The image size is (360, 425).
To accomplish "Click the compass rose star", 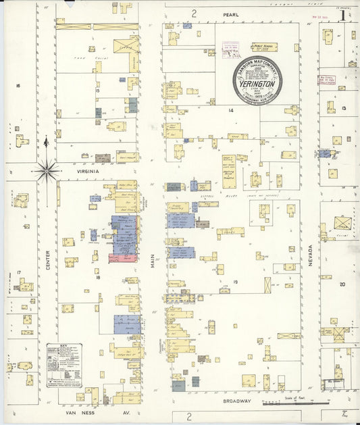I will tap(47, 170).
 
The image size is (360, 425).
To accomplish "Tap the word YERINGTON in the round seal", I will tap(257, 86).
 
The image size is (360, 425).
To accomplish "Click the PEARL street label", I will tap(230, 14).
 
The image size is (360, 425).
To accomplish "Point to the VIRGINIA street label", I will tap(88, 172).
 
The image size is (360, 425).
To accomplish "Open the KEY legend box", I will tap(64, 365).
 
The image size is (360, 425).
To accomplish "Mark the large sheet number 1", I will tap(344, 15).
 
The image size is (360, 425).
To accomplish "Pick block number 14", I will tap(230, 109).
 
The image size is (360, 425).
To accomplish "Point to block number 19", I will tap(236, 282).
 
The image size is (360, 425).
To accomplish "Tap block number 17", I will tap(19, 272).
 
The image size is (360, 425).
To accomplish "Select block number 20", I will tap(342, 284).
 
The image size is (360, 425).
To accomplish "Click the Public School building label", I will tap(264, 47).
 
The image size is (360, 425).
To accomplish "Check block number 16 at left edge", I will tap(18, 85).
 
